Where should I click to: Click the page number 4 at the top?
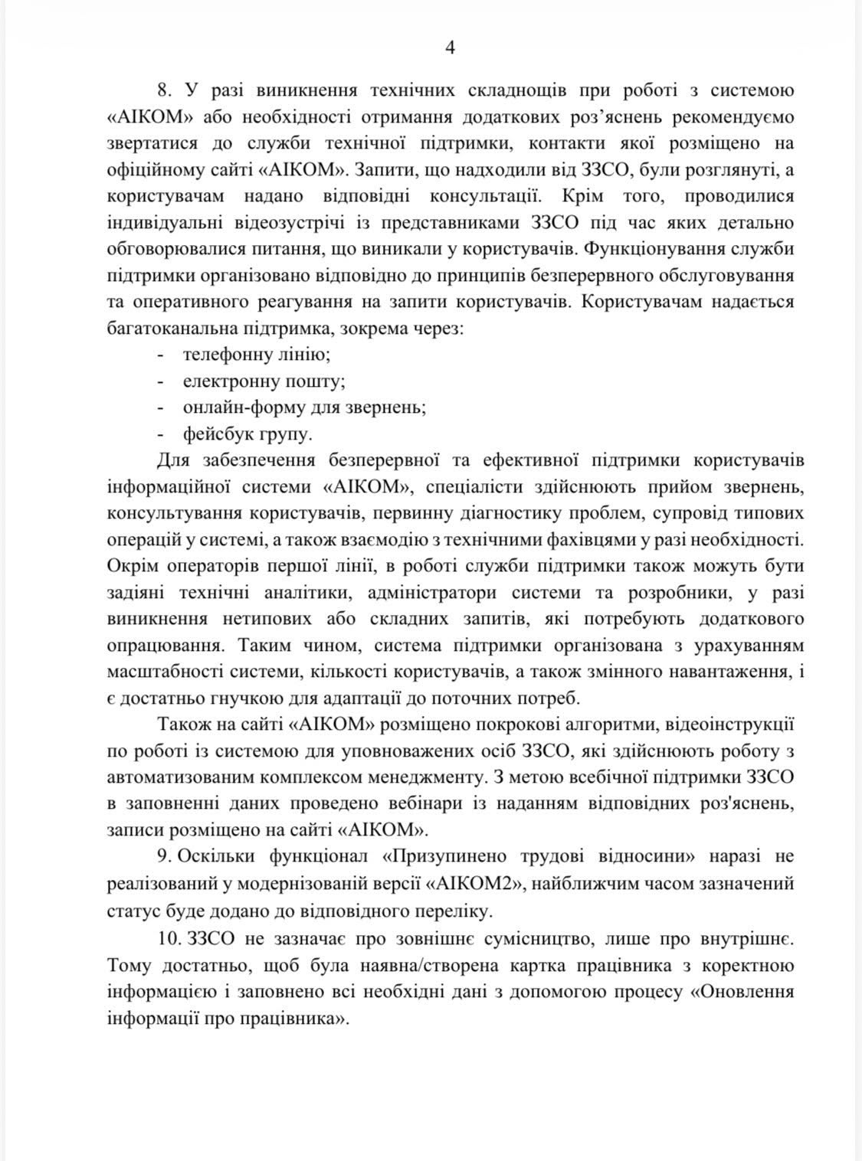[x=450, y=47]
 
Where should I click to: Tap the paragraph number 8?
[x=161, y=91]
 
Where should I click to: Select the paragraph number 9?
[x=162, y=855]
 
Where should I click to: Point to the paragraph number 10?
[x=167, y=938]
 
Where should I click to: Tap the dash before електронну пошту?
[x=161, y=381]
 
